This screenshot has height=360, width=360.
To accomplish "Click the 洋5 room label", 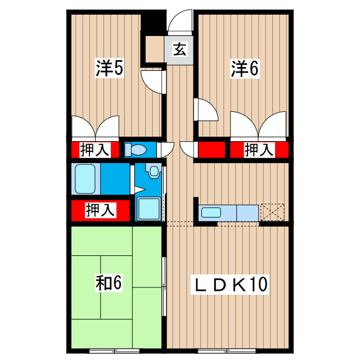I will [109, 69].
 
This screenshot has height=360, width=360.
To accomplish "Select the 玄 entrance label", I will [179, 49].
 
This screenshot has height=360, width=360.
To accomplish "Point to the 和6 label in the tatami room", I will [109, 282].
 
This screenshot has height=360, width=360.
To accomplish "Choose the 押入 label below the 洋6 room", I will [259, 150].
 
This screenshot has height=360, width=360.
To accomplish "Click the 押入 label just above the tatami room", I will [100, 210].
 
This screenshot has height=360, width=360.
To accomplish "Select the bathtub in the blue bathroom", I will [85, 179].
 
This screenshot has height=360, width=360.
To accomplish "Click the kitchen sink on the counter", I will [211, 213].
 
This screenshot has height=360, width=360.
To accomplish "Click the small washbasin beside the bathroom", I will [154, 169].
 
